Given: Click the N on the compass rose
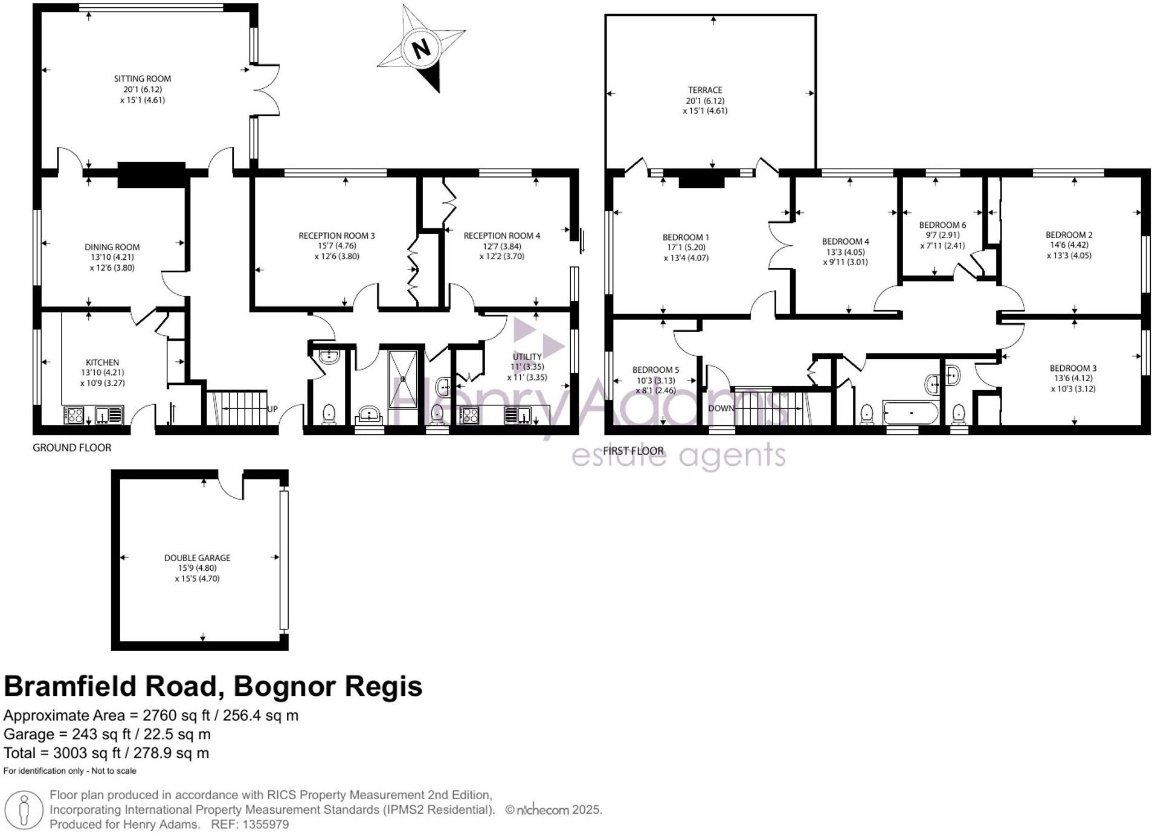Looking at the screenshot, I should pyautogui.click(x=421, y=48).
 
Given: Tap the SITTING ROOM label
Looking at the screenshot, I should pyautogui.click(x=142, y=79).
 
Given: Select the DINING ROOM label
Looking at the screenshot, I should pyautogui.click(x=112, y=247).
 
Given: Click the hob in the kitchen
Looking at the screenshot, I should pyautogui.click(x=74, y=415).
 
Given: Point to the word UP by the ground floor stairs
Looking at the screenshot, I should pyautogui.click(x=272, y=409).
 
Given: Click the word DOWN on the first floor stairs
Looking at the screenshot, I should pyautogui.click(x=721, y=408).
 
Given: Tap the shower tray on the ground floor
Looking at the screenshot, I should pyautogui.click(x=402, y=379).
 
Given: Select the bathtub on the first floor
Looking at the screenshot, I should pyautogui.click(x=910, y=414).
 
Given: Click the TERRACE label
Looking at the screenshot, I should pyautogui.click(x=704, y=90).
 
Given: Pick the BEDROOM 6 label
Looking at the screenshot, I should pyautogui.click(x=942, y=225).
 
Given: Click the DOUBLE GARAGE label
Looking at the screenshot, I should pyautogui.click(x=197, y=558).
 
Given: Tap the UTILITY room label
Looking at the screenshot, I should pyautogui.click(x=527, y=356).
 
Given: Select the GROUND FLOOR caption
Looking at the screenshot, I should pyautogui.click(x=72, y=448).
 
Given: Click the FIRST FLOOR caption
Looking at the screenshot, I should pyautogui.click(x=632, y=451).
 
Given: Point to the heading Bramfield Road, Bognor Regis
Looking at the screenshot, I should pyautogui.click(x=213, y=686).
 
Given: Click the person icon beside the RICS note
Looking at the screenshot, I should pyautogui.click(x=24, y=809).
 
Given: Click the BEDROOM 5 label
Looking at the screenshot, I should pyautogui.click(x=655, y=370).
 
